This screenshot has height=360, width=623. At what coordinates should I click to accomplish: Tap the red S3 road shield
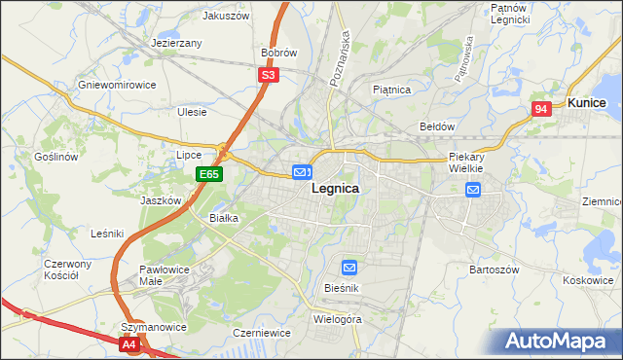pyautogui.click(x=269, y=74)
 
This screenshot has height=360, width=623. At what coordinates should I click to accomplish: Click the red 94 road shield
pyautogui.click(x=542, y=110)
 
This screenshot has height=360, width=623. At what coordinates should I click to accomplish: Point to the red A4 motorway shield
pyautogui.click(x=129, y=343)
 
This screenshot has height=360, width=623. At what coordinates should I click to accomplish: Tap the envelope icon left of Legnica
pyautogui.click(x=302, y=172)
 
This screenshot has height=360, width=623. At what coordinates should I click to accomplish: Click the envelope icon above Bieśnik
pyautogui.click(x=349, y=267)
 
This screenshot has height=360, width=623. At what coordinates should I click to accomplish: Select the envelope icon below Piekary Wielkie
pyautogui.click(x=473, y=190)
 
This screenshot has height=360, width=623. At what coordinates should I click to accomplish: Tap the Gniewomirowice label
pyautogui.click(x=118, y=85)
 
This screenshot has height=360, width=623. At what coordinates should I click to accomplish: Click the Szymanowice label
pyautogui.click(x=153, y=327)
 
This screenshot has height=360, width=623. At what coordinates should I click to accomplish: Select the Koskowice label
pyautogui.click(x=587, y=279)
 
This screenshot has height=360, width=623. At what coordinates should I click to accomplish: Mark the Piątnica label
pyautogui.click(x=392, y=90)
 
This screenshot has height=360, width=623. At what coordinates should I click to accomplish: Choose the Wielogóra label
pyautogui.click(x=338, y=318)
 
